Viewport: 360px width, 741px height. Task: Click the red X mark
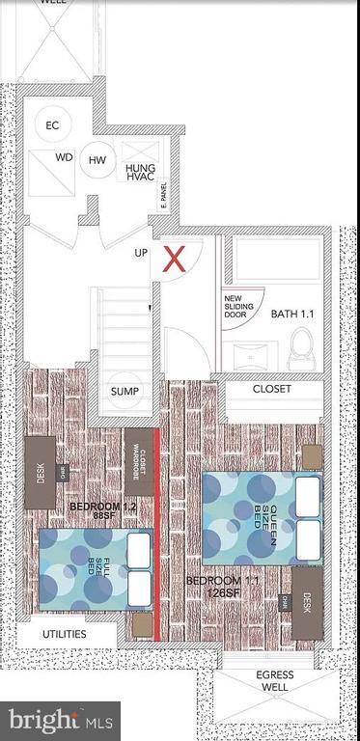pyautogui.click(x=174, y=259)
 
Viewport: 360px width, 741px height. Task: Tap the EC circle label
pyautogui.click(x=52, y=125)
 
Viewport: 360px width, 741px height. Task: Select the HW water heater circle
pyautogui.click(x=97, y=160)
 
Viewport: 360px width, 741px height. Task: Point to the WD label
pyautogui.click(x=64, y=156)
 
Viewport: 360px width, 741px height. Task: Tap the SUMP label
pyautogui.click(x=125, y=391)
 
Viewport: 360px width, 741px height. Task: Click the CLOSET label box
pyautogui.click(x=273, y=390)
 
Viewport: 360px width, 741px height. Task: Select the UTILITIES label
pyautogui.click(x=64, y=635)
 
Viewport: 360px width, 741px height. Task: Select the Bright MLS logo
pyautogui.click(x=59, y=719)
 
